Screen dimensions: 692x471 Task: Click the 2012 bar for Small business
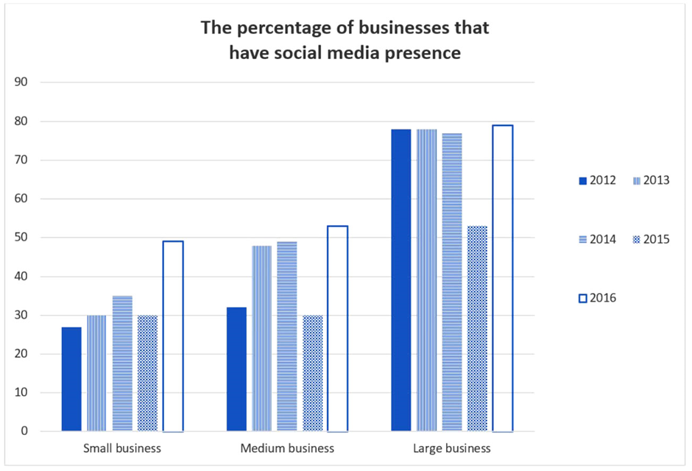(x=71, y=379)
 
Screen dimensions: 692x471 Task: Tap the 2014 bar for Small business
(x=122, y=364)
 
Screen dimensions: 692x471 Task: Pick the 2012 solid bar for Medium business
(x=236, y=369)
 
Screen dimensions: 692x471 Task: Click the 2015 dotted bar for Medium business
(x=313, y=373)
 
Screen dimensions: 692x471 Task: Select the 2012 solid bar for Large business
(x=401, y=280)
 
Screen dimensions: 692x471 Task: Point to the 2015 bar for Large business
(x=478, y=328)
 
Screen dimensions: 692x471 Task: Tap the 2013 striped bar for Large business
(x=427, y=280)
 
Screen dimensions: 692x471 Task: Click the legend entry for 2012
(x=598, y=180)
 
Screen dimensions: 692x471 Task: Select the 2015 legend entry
(x=652, y=239)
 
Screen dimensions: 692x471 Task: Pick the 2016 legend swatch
(x=583, y=299)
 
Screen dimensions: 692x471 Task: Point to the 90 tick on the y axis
(x=21, y=82)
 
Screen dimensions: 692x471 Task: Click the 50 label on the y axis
(x=21, y=237)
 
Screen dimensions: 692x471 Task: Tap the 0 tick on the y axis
(x=24, y=431)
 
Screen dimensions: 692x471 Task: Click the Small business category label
(x=122, y=448)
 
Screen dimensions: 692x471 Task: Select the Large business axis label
(x=452, y=448)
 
